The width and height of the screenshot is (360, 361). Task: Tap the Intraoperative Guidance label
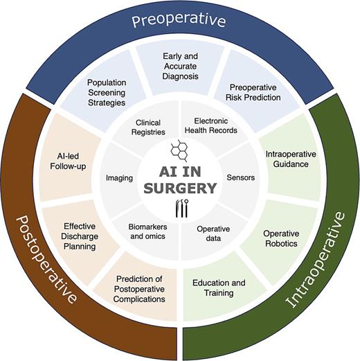tap(286, 159)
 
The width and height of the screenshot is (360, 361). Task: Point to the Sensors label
tap(240, 177)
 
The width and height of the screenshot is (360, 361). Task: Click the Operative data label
tap(213, 234)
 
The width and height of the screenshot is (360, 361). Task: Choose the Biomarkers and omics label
tap(147, 234)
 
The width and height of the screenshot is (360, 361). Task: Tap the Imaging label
tap(119, 177)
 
